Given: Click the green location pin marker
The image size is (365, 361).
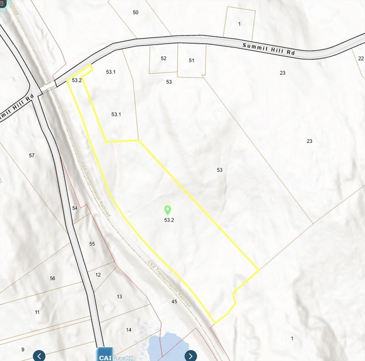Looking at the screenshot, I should (x=167, y=210).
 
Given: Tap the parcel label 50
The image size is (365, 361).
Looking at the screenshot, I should (x=136, y=12).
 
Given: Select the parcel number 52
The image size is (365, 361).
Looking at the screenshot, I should (x=163, y=58).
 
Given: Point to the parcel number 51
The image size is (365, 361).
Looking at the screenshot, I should (x=192, y=60).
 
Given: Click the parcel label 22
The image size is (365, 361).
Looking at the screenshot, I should (x=361, y=58).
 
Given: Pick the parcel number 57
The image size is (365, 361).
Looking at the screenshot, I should (x=32, y=155).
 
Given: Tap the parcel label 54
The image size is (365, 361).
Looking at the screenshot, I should (x=75, y=208).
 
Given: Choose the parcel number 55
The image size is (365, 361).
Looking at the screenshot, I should (x=92, y=244).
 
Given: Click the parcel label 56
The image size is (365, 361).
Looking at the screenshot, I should (x=52, y=278).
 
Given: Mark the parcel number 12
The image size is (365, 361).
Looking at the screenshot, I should (x=98, y=275).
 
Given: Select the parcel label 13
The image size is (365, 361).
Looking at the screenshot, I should (x=120, y=297).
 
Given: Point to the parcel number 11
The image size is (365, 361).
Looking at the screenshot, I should (x=37, y=312).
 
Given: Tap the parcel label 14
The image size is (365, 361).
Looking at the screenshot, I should (x=129, y=330).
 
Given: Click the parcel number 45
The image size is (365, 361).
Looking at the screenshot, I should (x=174, y=301).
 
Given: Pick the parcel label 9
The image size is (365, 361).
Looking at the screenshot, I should (x=22, y=349).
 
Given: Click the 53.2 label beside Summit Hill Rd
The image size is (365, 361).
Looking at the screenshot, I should (x=77, y=80).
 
